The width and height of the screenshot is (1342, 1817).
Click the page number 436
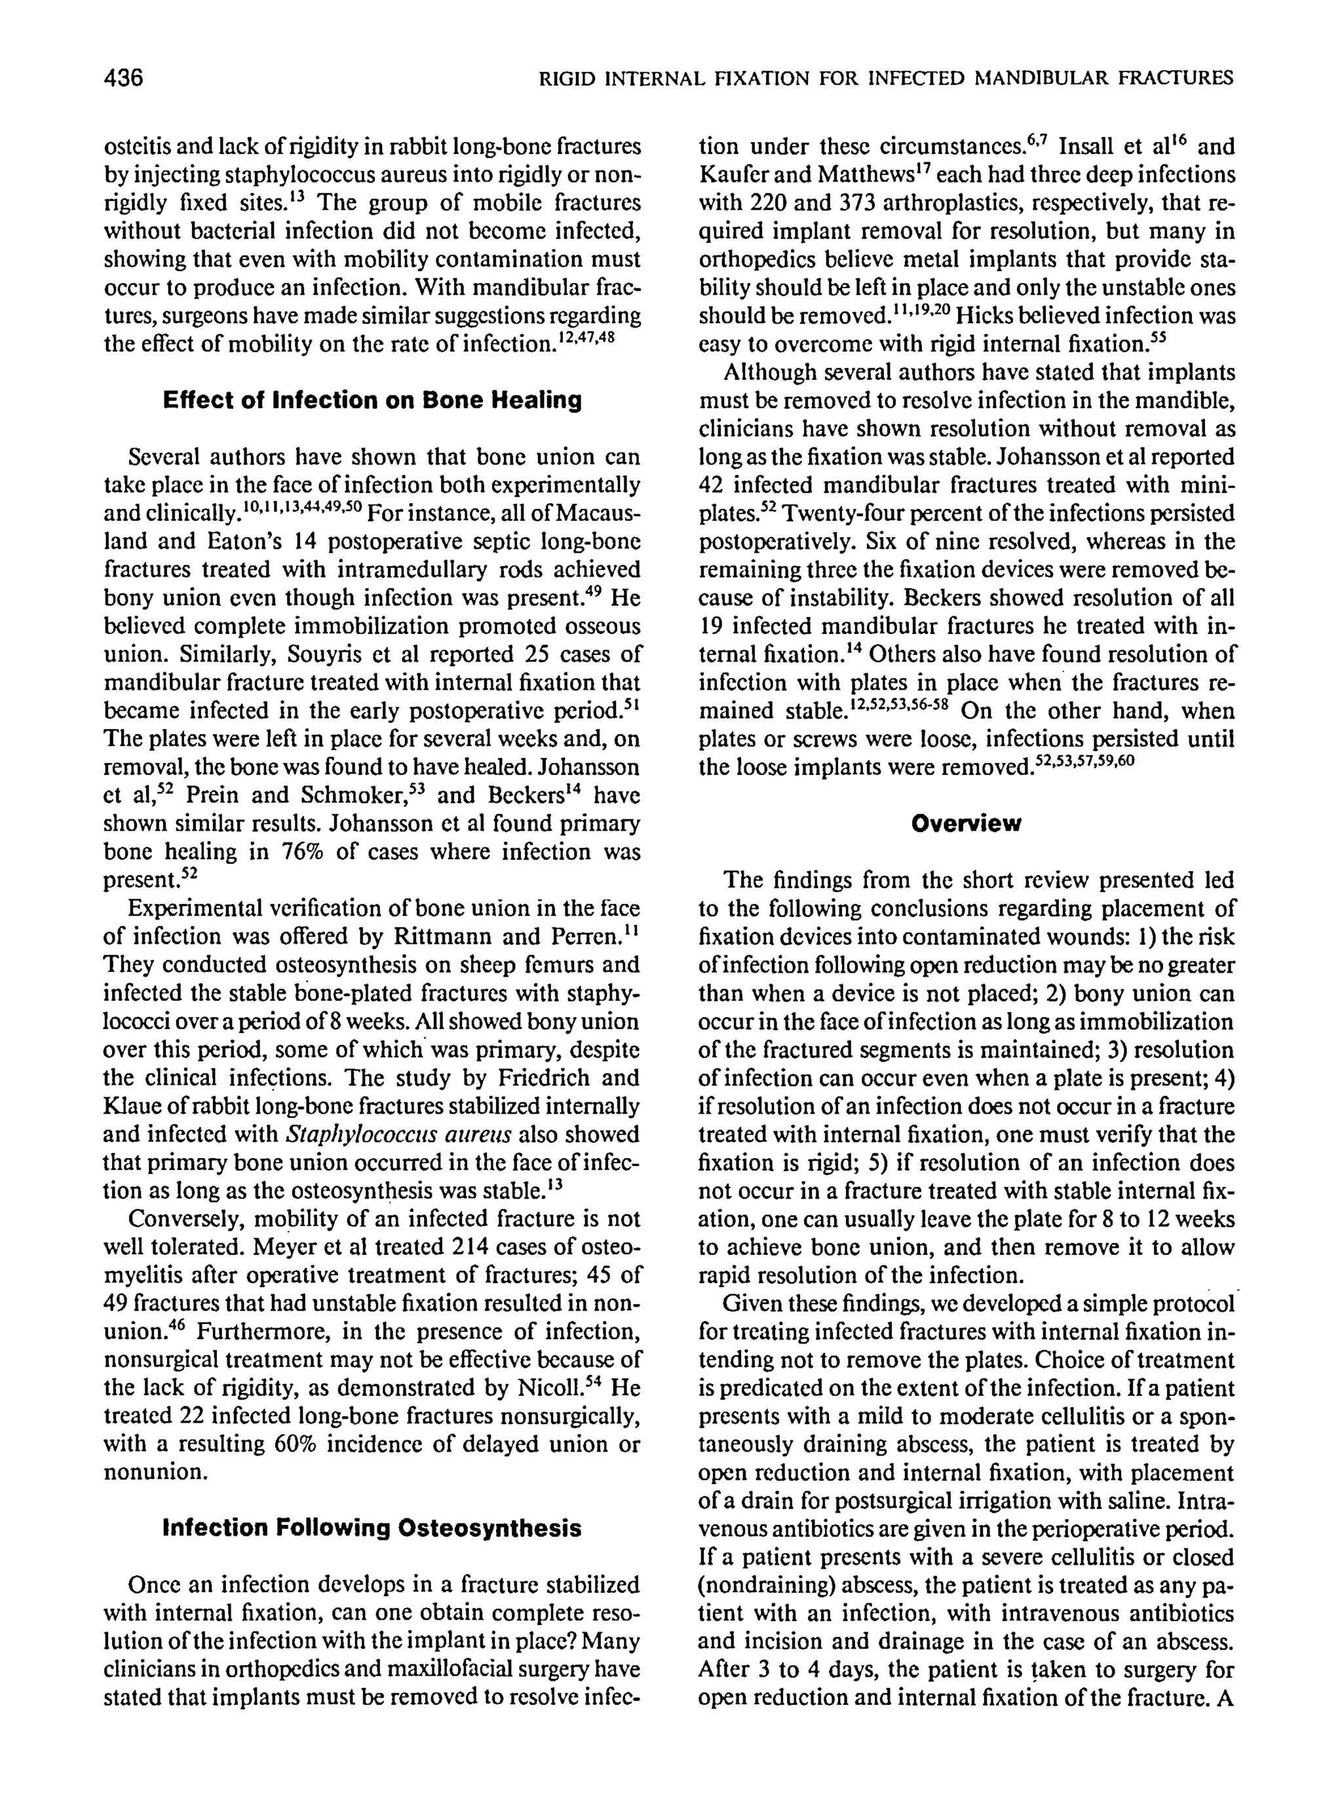tap(123, 79)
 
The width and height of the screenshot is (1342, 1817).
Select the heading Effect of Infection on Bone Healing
tap(372, 400)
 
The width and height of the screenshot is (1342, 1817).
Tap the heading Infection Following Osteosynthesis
tap(372, 1528)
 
